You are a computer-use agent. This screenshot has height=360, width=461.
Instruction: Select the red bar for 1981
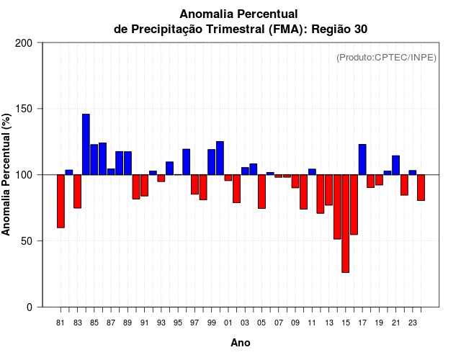pyautogui.click(x=61, y=201)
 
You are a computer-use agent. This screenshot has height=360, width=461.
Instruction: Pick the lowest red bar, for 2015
pyautogui.click(x=345, y=223)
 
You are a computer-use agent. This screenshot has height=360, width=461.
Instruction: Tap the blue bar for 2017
pyautogui.click(x=362, y=159)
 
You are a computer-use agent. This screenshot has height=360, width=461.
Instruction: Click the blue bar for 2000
pyautogui.click(x=220, y=158)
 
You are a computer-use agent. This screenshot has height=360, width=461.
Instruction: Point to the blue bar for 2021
pyautogui.click(x=395, y=165)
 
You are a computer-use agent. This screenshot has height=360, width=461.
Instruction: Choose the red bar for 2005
pyautogui.click(x=261, y=191)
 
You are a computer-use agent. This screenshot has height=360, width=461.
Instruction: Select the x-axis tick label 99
pyautogui.click(x=211, y=323)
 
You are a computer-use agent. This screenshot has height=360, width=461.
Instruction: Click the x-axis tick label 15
pyautogui.click(x=345, y=323)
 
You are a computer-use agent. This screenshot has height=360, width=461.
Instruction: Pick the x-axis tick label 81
pyautogui.click(x=61, y=323)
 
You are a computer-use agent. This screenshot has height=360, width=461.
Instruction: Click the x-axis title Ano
pyautogui.click(x=241, y=343)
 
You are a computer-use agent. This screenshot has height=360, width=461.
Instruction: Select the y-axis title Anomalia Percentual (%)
pyautogui.click(x=7, y=174)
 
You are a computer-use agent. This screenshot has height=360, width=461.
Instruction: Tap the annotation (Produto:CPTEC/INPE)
pyautogui.click(x=386, y=57)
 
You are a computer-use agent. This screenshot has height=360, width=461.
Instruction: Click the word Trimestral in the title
pyautogui.click(x=251, y=29)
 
